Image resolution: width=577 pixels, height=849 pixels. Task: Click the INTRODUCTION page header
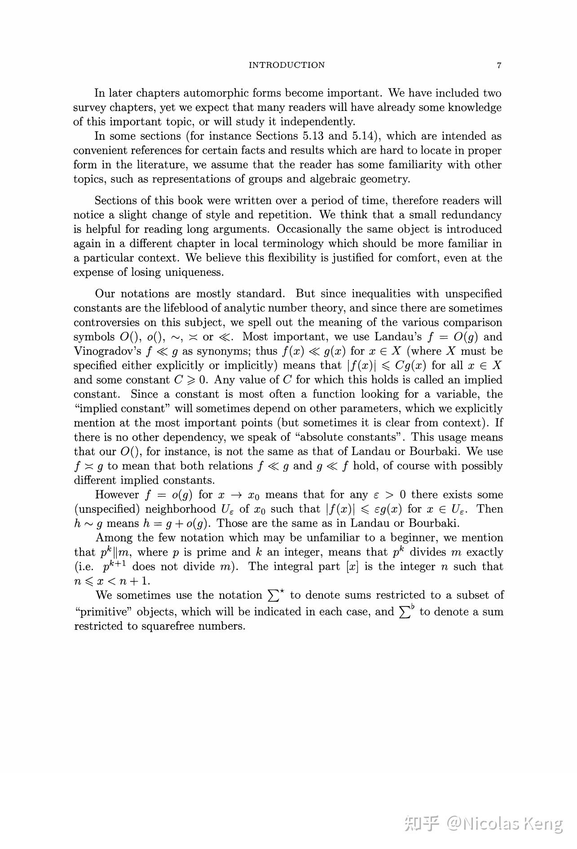[x=286, y=65]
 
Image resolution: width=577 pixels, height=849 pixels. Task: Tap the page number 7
[x=499, y=66]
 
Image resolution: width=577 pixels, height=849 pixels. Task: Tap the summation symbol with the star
[x=276, y=595]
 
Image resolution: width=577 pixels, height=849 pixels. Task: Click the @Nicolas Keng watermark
[x=504, y=823]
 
